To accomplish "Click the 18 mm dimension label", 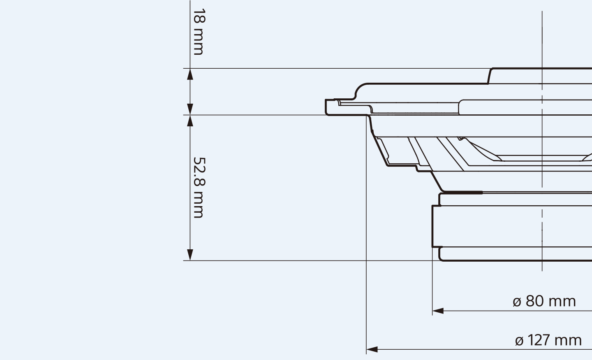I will pyautogui.click(x=198, y=32).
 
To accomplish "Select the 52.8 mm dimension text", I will pyautogui.click(x=198, y=187).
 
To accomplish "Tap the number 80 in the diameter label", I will pyautogui.click(x=535, y=301).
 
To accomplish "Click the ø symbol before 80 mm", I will pyautogui.click(x=517, y=302).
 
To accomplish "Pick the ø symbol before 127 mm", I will pyautogui.click(x=519, y=341).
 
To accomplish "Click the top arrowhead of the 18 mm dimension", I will pyautogui.click(x=190, y=74).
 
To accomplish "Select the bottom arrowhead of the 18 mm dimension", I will pyautogui.click(x=190, y=109).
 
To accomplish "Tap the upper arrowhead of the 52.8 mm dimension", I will pyautogui.click(x=190, y=121).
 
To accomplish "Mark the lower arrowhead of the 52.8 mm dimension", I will pyautogui.click(x=190, y=255).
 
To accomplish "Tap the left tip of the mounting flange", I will pyautogui.click(x=327, y=107).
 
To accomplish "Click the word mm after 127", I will pyautogui.click(x=568, y=340).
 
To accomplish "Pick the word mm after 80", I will pyautogui.click(x=562, y=301).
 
